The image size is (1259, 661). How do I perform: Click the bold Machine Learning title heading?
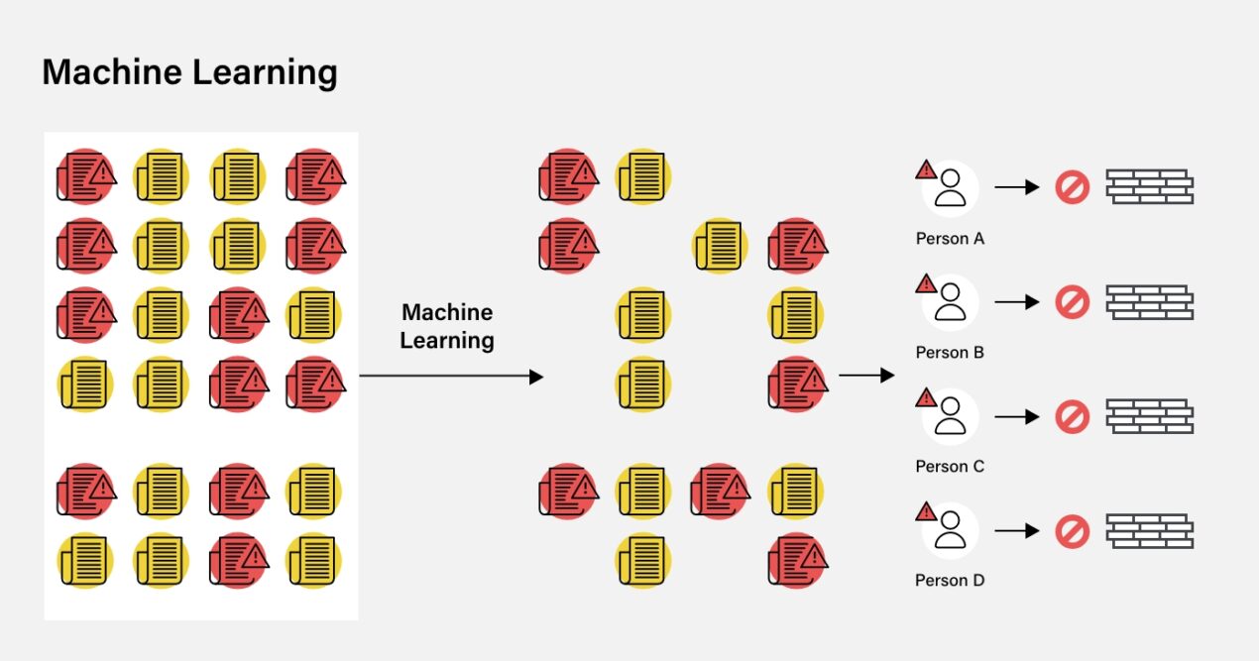tap(189, 72)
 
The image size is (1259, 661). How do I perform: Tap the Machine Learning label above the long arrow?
tap(447, 326)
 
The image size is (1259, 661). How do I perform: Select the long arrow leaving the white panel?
tap(451, 377)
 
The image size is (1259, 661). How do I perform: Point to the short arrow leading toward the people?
tap(865, 376)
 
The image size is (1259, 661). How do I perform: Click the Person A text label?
tap(950, 239)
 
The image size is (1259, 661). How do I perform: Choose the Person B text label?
tap(950, 353)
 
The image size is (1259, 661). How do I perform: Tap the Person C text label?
tap(950, 467)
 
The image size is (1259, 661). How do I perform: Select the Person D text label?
tap(950, 581)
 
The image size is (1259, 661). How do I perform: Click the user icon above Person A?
tap(951, 188)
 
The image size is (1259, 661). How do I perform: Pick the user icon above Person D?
tap(951, 530)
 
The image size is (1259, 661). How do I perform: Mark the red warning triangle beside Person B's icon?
tap(926, 284)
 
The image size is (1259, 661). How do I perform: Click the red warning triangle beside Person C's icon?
tap(926, 398)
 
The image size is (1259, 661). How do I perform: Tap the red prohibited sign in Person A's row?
tap(1072, 187)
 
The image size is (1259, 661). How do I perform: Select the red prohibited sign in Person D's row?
tap(1072, 531)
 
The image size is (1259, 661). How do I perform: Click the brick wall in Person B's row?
tap(1149, 302)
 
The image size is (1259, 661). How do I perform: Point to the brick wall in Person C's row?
tap(1149, 416)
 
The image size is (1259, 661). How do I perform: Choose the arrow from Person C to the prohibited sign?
tap(1016, 417)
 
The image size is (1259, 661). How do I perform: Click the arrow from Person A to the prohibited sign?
tap(1016, 187)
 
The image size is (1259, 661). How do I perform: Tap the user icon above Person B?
tap(951, 302)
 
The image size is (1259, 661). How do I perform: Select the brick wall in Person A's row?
tap(1149, 187)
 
